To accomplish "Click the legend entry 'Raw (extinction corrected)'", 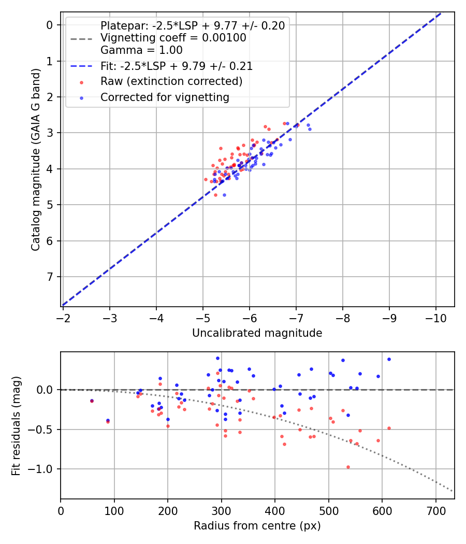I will (171, 81).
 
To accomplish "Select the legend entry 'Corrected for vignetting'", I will (164, 97).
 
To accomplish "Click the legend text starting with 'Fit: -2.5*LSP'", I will (176, 66).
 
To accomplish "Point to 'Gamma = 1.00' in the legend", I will (141, 50).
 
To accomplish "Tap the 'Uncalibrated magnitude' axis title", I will (257, 333).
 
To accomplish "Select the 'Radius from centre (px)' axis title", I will (257, 526).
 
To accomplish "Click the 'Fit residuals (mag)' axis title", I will (16, 425).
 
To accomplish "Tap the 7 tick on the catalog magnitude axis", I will (50, 277).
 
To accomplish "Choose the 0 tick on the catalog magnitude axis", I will (50, 25).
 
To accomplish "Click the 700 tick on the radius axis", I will (435, 510).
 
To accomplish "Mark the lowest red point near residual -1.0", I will (348, 467).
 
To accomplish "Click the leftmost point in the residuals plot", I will (92, 400).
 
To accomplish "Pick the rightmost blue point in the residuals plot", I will (389, 359).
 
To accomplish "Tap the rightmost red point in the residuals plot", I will (389, 428).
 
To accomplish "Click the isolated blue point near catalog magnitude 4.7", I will (224, 195).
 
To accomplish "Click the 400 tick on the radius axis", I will (275, 510).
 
